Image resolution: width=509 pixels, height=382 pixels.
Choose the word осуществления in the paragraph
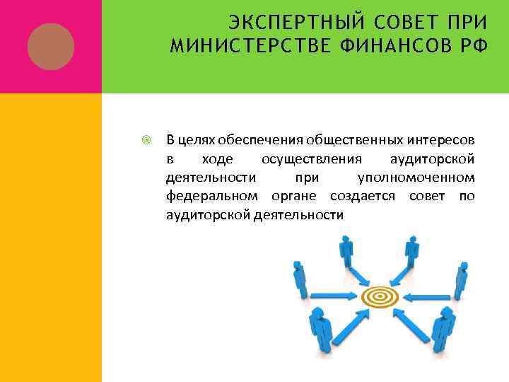pyautogui.click(x=311, y=158)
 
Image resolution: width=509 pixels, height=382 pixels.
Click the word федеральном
pyautogui.click(x=210, y=195)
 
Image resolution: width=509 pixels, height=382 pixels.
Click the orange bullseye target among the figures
pyautogui.click(x=380, y=296)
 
